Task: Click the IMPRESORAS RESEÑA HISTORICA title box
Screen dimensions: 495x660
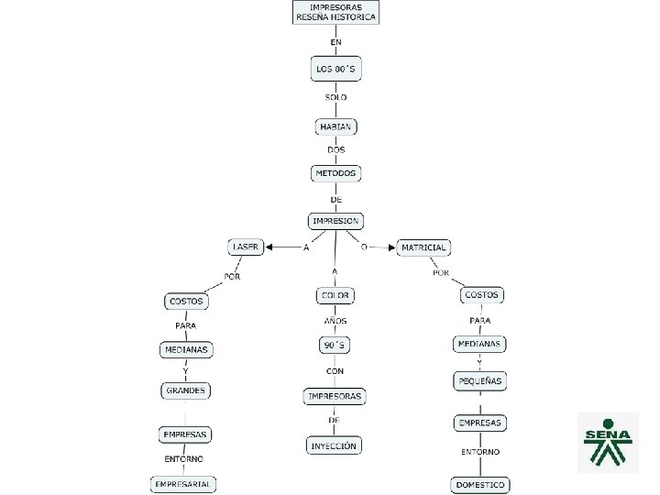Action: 335,13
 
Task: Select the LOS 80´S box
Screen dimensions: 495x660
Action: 335,70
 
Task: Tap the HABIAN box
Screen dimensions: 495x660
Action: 335,126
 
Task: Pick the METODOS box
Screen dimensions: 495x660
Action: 335,173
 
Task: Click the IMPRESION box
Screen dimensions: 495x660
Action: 335,221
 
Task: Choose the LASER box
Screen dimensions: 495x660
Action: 246,247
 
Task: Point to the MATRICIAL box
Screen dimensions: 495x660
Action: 423,247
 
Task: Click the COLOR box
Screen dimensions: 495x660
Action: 335,295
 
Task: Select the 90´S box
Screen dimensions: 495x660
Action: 335,345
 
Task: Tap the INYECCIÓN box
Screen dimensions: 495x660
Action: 335,445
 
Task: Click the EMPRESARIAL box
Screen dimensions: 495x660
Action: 184,483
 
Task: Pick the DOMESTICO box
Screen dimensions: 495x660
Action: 480,484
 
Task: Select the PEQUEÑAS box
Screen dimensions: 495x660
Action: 480,379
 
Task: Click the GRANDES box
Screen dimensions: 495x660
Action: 185,390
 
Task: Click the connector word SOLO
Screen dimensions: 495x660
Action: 335,97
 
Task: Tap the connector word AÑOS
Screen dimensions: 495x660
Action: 335,321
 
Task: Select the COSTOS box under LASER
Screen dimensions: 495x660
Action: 185,301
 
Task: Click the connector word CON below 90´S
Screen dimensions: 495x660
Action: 335,371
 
